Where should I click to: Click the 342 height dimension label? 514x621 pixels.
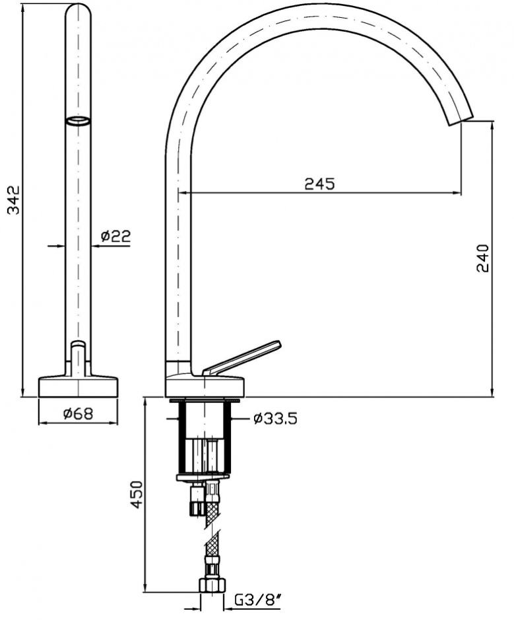point(15,200)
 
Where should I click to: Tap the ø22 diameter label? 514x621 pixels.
point(115,236)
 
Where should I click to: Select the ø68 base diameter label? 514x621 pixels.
point(78,414)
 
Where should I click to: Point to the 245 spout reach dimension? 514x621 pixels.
point(320,184)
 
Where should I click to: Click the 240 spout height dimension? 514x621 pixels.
point(483,258)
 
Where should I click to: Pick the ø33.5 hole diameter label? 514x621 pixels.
point(275,419)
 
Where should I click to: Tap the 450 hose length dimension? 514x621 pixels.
point(137,495)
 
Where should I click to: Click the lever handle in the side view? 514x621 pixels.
point(241,357)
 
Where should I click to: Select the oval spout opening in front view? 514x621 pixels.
point(79,121)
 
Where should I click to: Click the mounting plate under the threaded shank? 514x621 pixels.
point(202,478)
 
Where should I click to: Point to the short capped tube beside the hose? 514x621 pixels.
point(196,501)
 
